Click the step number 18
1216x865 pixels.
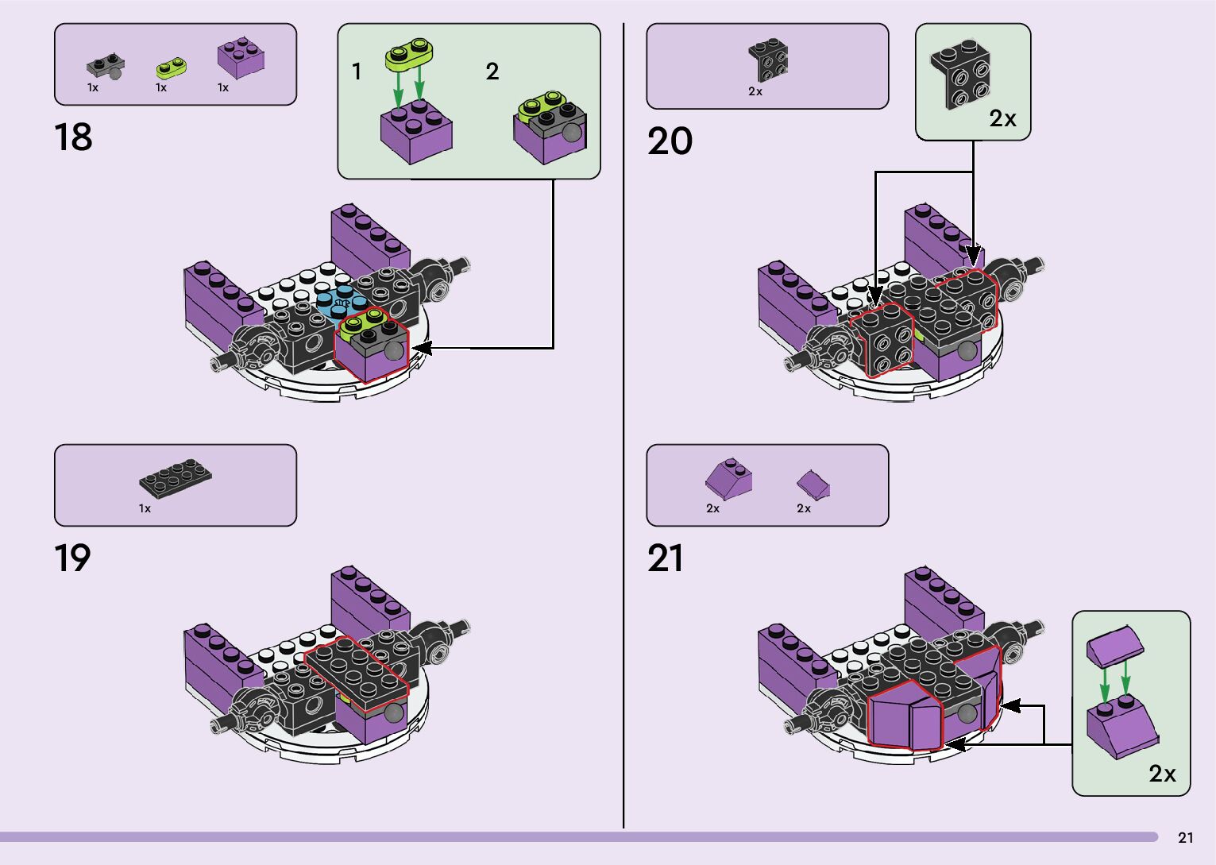coord(73,137)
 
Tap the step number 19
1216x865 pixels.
coord(72,558)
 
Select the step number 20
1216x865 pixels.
coord(670,141)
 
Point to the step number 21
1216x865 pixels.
coord(665,558)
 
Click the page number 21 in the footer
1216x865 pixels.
coord(1185,837)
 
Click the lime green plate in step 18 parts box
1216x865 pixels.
coord(172,68)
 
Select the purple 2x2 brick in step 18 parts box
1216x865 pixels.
coord(241,58)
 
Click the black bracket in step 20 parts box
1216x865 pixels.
coord(768,60)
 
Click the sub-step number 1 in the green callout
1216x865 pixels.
coord(357,71)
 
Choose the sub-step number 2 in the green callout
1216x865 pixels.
coord(492,71)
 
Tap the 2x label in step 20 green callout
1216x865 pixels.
coord(1002,118)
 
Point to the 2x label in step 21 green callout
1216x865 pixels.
coord(1162,773)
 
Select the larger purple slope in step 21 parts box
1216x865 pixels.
coord(729,477)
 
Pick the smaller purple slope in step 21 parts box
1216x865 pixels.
coord(813,482)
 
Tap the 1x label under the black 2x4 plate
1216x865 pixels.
coord(145,508)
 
